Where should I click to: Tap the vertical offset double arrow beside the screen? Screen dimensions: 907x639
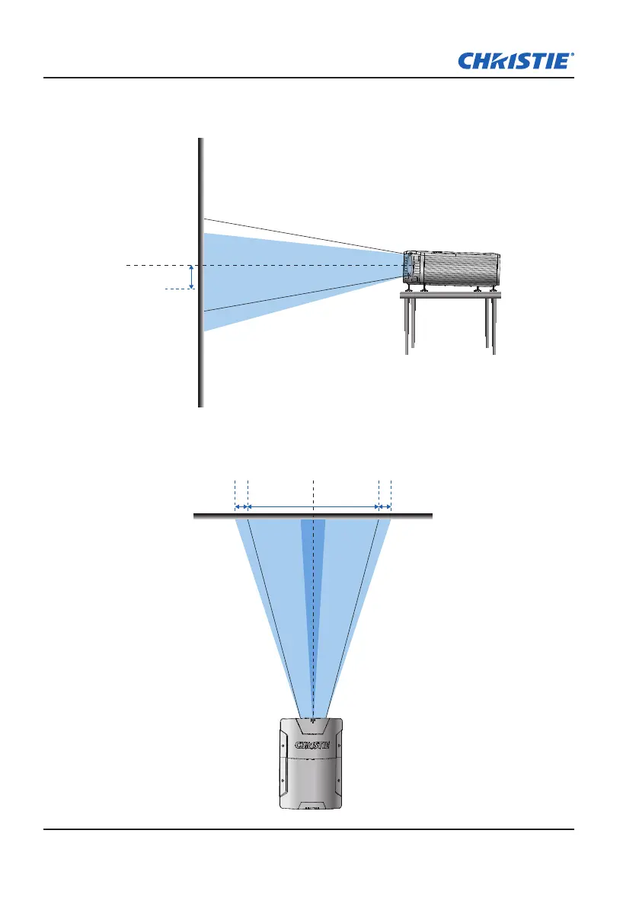[191, 276]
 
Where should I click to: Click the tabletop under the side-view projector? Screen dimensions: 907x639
[449, 295]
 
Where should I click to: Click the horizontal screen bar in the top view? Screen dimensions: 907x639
[313, 516]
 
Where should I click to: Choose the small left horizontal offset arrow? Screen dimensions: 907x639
[241, 506]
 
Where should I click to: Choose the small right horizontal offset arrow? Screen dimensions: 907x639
[385, 506]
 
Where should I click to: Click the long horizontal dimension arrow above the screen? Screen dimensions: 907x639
[313, 506]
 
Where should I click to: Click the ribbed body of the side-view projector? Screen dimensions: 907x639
[461, 270]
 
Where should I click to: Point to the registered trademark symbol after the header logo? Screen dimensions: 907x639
[572, 55]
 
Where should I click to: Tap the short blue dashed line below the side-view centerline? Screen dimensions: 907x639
[177, 289]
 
